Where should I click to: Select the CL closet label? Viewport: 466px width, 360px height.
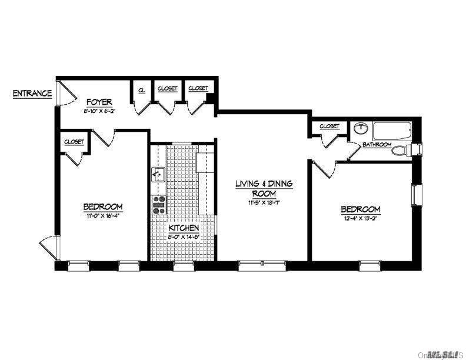tap(142, 90)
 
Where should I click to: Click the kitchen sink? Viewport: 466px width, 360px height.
tap(158, 174)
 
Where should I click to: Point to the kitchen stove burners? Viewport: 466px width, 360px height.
tap(159, 205)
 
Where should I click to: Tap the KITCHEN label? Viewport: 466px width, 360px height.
tap(183, 228)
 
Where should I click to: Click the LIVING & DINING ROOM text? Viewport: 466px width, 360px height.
tap(264, 188)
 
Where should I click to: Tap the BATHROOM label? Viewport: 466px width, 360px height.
tap(377, 144)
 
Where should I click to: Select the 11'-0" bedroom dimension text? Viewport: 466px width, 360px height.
tap(102, 215)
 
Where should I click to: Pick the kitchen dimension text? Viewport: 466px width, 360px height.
tap(183, 236)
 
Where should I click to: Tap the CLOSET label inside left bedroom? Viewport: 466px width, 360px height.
tap(74, 142)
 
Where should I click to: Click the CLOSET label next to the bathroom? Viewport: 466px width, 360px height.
tap(329, 126)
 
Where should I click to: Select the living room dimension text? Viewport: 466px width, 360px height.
tap(264, 203)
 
